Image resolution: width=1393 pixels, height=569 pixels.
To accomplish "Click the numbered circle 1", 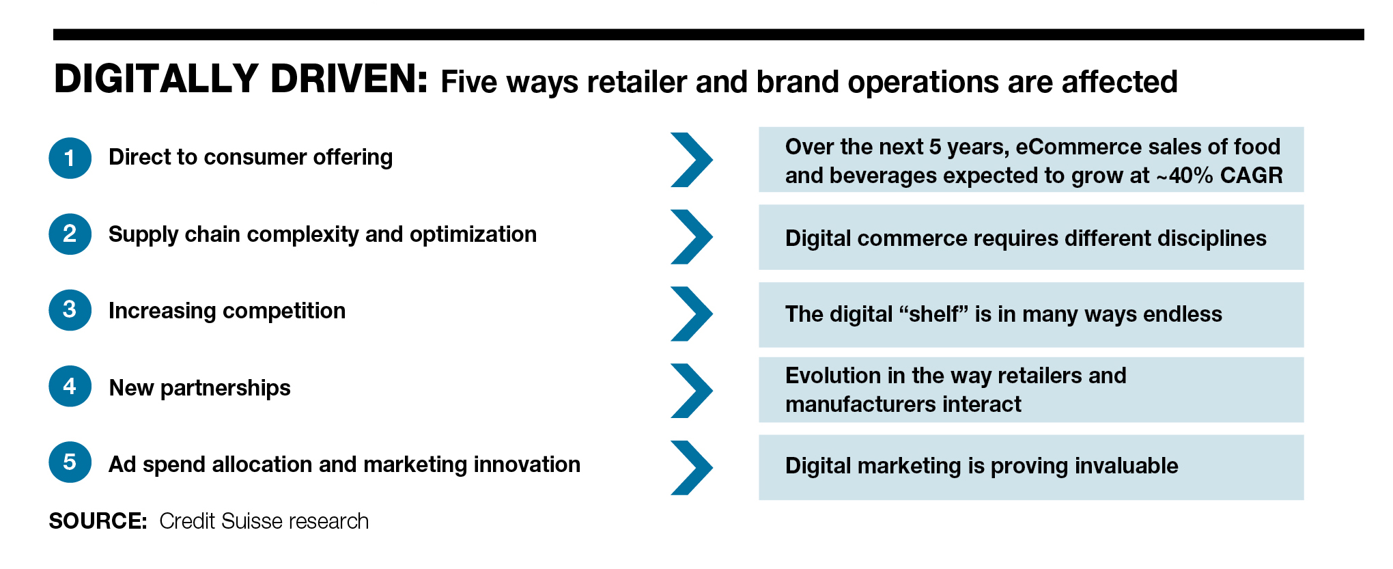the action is point(70,158).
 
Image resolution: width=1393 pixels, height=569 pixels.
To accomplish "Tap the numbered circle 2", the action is point(70,234).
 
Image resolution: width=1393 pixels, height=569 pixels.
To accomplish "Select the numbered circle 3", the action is point(70,309).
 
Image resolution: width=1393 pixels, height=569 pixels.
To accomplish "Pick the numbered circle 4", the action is point(70,386).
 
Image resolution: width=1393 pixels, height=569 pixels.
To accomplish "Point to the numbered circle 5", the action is point(70,462).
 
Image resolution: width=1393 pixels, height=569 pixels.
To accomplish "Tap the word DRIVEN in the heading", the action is point(349,79).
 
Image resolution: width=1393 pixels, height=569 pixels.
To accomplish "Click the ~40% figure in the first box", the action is point(1185,176).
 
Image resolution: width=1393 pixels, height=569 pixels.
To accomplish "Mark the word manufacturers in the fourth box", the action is point(860,404).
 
